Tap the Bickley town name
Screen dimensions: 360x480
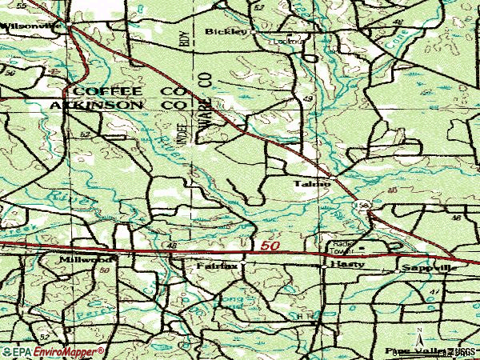(221, 32)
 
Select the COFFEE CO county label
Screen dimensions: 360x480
(129, 91)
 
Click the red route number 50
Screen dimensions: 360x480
(270, 246)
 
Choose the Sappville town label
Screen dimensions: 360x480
(430, 268)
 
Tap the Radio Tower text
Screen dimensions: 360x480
(342, 246)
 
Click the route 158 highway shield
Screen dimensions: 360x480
(364, 206)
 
